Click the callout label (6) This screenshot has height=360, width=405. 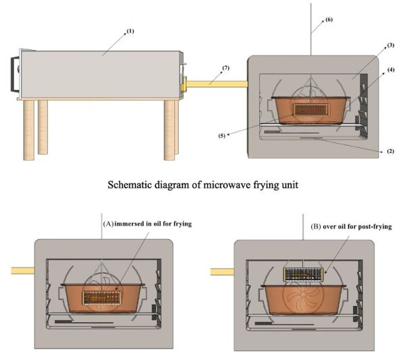click(x=329, y=20)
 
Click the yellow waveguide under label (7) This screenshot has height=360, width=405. click(x=216, y=84)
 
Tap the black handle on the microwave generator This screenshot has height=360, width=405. click(x=12, y=72)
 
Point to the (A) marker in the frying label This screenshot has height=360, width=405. click(x=107, y=223)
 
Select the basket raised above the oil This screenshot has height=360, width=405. click(x=303, y=274)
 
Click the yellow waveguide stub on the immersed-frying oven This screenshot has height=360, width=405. click(x=22, y=270)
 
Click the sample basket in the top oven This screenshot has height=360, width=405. click(x=308, y=108)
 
